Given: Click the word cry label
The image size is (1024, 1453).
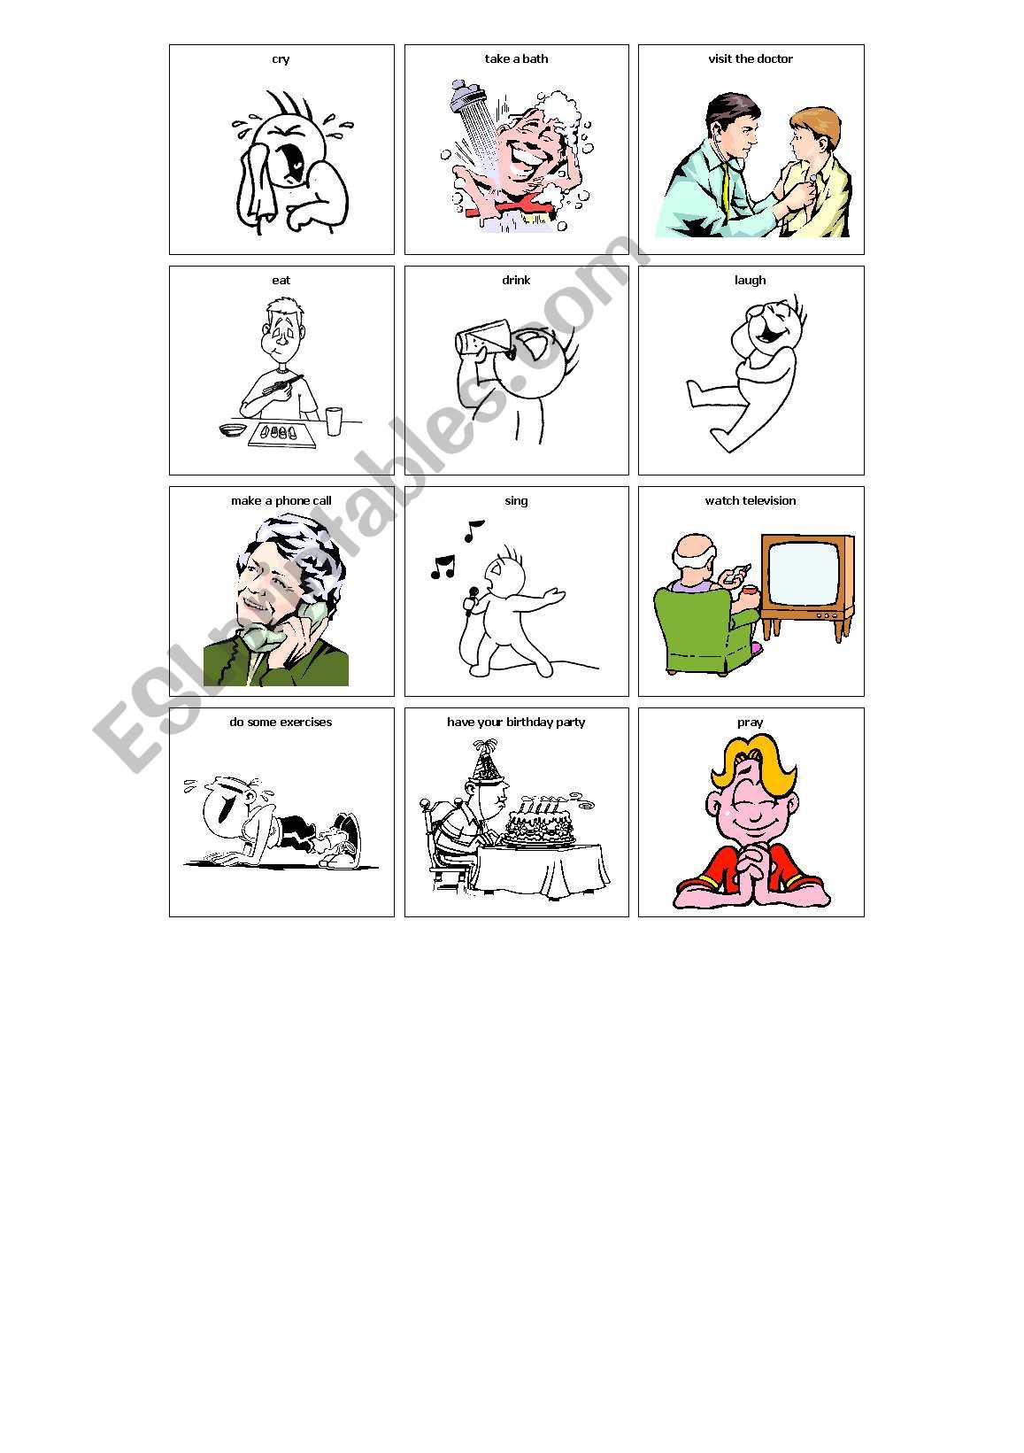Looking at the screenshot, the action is (281, 59).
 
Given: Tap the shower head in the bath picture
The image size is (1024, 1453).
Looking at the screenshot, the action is (467, 97).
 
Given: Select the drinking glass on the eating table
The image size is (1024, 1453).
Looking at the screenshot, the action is (334, 421).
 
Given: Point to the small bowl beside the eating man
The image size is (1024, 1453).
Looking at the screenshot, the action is (232, 429).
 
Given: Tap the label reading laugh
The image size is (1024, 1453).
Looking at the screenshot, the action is (750, 280).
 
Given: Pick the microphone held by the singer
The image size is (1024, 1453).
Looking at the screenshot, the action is (470, 600).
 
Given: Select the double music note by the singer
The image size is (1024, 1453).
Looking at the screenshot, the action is (443, 567).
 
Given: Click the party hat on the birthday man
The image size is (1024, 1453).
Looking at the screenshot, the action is (487, 761).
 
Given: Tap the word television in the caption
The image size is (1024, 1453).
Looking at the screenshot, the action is (769, 501).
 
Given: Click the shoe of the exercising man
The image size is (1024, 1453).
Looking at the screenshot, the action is (343, 840).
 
